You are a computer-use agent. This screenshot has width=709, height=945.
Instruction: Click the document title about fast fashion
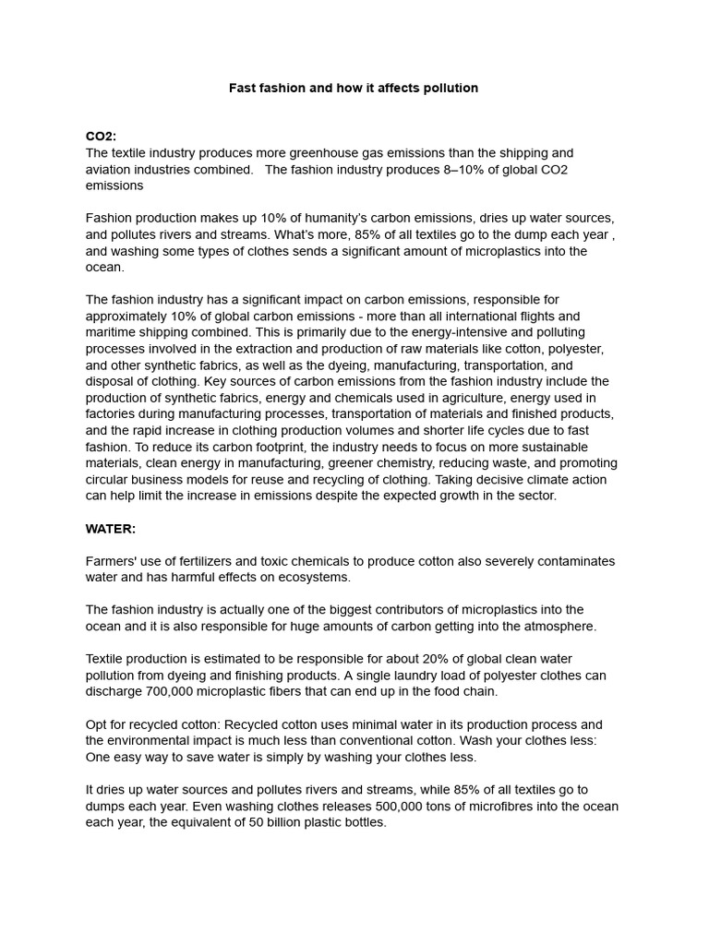tap(354, 88)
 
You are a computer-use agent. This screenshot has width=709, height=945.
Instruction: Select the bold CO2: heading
tap(102, 137)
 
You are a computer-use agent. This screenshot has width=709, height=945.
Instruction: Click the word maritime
tap(113, 332)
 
